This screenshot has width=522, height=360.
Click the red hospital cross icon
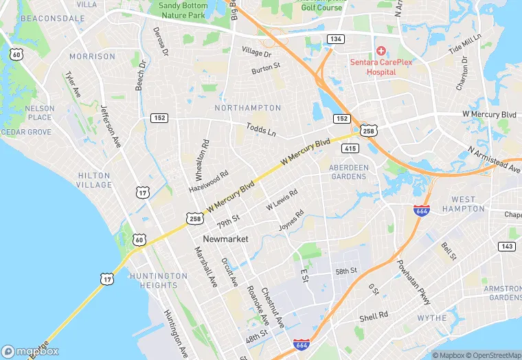click(x=379, y=52)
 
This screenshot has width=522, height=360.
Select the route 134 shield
click(x=335, y=38)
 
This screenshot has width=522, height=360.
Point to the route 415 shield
click(x=350, y=148)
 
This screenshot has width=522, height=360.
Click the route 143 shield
click(x=507, y=246)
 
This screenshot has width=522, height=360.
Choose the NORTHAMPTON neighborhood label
click(x=247, y=108)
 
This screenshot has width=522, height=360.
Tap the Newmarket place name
click(x=225, y=238)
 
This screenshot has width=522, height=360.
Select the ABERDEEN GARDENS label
click(x=348, y=172)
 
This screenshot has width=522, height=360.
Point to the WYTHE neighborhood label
click(x=432, y=318)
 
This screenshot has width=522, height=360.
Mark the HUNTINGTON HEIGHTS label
click(x=158, y=280)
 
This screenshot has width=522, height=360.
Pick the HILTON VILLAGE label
click(x=94, y=180)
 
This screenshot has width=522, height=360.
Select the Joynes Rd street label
click(x=291, y=220)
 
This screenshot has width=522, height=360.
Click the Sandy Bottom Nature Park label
click(x=182, y=10)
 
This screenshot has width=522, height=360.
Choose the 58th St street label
click(x=346, y=271)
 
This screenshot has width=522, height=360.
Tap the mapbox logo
click(x=30, y=351)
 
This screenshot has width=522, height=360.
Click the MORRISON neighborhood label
click(x=92, y=56)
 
